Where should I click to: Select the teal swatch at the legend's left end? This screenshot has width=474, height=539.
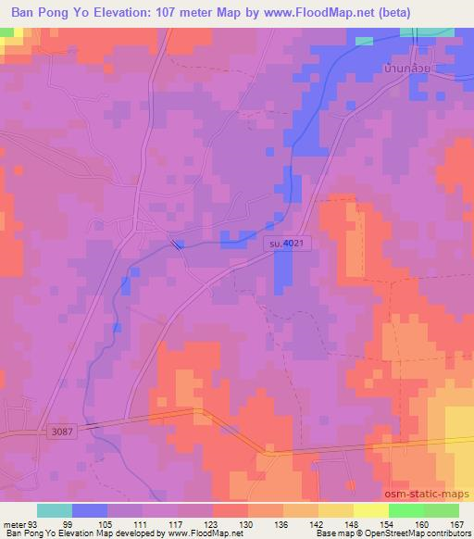click(54, 510)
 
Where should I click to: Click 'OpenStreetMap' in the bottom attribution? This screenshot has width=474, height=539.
click(381, 533)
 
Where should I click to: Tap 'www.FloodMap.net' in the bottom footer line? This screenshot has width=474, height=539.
click(195, 533)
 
